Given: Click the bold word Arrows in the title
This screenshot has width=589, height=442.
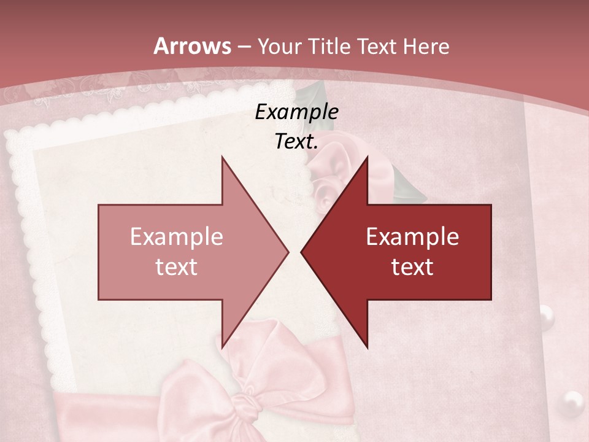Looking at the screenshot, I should coord(192,46).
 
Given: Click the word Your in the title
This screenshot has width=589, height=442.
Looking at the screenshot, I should coord(280,47).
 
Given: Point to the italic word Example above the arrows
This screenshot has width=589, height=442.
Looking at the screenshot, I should coord(297,112).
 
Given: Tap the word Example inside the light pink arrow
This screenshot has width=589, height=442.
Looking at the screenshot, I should coord(177,237).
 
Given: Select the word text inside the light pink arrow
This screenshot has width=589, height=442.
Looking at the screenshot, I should coord(177,267).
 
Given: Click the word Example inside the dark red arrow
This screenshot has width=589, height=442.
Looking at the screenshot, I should coord(412,237).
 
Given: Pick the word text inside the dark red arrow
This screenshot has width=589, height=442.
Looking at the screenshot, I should coord(412,267).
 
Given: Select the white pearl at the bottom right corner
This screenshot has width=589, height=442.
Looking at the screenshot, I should coord(573,403).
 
